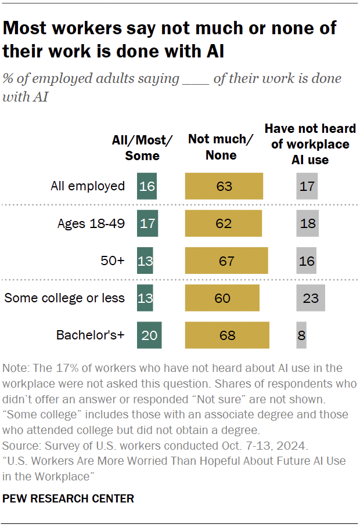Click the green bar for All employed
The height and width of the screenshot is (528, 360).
click(147, 186)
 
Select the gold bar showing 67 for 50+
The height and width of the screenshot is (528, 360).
click(226, 261)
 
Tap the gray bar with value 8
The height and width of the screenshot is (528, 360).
click(301, 335)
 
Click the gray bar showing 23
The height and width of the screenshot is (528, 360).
click(311, 298)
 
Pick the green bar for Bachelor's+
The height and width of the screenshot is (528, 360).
click(149, 335)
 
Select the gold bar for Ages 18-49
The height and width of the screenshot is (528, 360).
click(224, 223)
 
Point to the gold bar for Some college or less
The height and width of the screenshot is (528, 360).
click(222, 298)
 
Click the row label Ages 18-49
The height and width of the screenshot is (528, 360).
click(91, 223)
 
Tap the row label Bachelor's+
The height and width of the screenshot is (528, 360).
click(90, 335)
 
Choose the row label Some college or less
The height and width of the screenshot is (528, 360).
click(64, 298)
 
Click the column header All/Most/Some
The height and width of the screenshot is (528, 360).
click(142, 148)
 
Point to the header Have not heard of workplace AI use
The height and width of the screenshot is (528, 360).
click(310, 144)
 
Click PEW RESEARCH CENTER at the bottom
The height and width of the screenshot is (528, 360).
click(69, 498)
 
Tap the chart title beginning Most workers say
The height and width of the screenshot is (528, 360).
click(170, 39)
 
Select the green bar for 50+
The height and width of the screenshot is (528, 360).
click(145, 261)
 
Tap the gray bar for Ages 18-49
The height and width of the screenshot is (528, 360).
click(307, 223)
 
